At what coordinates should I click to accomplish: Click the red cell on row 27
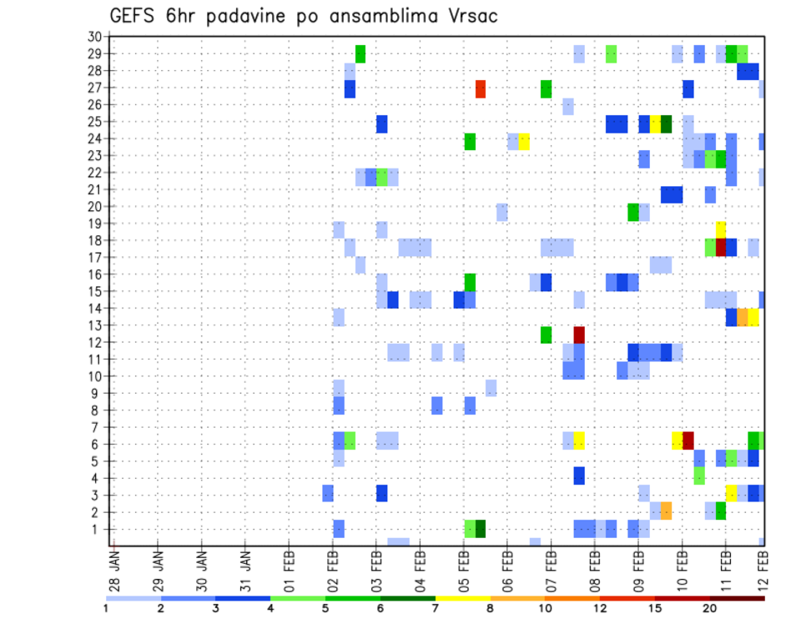pyautogui.click(x=481, y=88)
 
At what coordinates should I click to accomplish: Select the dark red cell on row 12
pyautogui.click(x=579, y=335)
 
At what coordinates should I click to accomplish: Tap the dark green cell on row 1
pyautogui.click(x=481, y=529)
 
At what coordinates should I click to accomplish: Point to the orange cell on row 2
pyautogui.click(x=666, y=511)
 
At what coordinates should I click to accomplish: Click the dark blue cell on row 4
pyautogui.click(x=579, y=476)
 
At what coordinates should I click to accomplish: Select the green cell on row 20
pyautogui.click(x=633, y=212)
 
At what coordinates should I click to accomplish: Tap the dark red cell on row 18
pyautogui.click(x=721, y=246)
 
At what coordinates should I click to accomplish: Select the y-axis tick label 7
pyautogui.click(x=98, y=427)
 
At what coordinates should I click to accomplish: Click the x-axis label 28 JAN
pyautogui.click(x=114, y=568)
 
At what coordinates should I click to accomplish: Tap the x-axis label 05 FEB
pyautogui.click(x=463, y=568)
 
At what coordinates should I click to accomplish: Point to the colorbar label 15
pyautogui.click(x=655, y=607)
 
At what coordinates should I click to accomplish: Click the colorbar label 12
pyautogui.click(x=601, y=607)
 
